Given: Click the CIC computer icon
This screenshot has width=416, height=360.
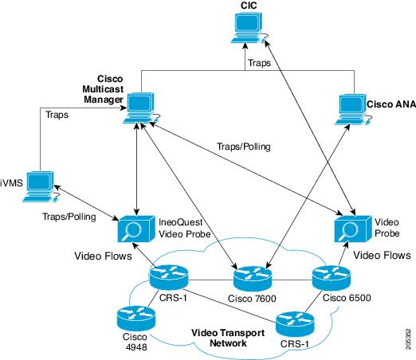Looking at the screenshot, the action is tap(249, 27).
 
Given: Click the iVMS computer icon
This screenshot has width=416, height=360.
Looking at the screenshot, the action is tap(41, 186).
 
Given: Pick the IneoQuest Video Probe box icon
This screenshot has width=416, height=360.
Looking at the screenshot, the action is tap(136, 229).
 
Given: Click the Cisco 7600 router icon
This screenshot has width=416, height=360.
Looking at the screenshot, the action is tap(253, 279).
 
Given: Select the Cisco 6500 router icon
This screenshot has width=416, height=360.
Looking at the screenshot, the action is tap(331, 278).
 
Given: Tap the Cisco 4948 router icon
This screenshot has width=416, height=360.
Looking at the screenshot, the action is tap(136, 318).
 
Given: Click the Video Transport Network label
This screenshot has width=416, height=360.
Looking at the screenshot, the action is tap(228, 338).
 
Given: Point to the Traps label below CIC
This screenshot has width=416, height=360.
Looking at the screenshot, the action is tap(259, 63).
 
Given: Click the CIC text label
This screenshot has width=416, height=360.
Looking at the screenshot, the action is tap(249, 6).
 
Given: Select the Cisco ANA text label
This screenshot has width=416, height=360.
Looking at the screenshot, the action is tap(391, 104).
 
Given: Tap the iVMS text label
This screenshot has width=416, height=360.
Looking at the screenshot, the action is tap(11, 183).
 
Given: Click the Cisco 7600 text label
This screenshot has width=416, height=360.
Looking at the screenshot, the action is tap(252, 299).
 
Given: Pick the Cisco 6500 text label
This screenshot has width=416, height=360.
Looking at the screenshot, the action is tap(347, 298).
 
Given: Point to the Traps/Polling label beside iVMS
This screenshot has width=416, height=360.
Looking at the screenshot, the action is tap(69, 217).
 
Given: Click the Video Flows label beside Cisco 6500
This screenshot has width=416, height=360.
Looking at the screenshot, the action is tap(382, 255).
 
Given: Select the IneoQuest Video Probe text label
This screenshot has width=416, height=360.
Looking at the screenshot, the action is tap(185, 228).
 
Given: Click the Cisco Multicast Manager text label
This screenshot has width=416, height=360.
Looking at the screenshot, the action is tap(103, 89).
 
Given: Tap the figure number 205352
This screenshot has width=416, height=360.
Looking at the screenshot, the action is tap(409, 339).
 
